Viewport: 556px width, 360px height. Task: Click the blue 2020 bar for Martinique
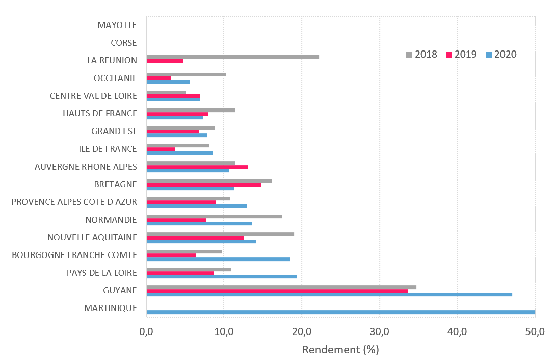(x=340, y=312)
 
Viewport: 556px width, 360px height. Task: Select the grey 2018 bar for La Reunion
(x=232, y=57)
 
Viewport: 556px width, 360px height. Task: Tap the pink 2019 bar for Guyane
(x=277, y=291)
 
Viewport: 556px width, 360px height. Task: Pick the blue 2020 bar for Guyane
(x=329, y=294)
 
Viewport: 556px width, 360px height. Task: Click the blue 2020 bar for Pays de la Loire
(x=221, y=276)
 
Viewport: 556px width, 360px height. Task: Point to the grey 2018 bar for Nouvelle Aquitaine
(x=220, y=234)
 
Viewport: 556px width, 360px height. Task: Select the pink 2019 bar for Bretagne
(x=203, y=185)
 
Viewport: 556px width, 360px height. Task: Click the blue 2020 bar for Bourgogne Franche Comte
(x=218, y=259)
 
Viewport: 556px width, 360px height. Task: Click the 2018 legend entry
(x=421, y=54)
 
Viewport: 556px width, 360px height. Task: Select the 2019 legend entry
(x=461, y=54)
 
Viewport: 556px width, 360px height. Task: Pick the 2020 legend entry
(x=501, y=54)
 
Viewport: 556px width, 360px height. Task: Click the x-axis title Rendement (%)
(x=340, y=350)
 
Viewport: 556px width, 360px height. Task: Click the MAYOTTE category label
(x=117, y=25)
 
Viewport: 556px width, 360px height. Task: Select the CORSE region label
(x=124, y=43)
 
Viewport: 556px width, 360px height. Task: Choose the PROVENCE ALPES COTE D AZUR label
(x=74, y=202)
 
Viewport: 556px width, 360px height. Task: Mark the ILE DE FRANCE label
(x=108, y=149)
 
